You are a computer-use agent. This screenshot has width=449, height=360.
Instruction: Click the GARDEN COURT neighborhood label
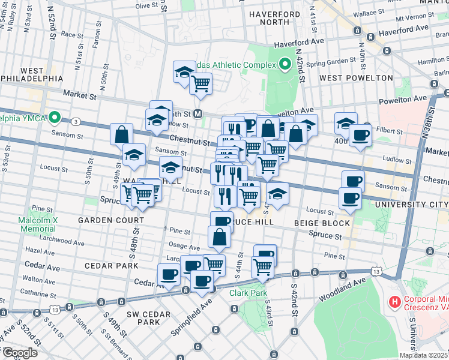click(103, 221)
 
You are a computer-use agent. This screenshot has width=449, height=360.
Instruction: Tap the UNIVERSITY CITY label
click(411, 205)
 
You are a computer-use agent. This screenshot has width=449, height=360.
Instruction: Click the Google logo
click(19, 352)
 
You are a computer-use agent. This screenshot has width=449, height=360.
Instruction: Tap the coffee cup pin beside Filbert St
click(361, 135)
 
